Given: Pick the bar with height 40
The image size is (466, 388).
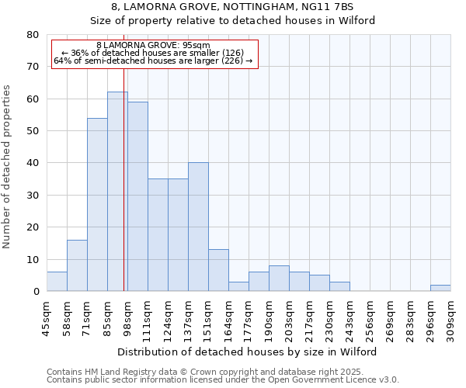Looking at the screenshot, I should pos(198,227).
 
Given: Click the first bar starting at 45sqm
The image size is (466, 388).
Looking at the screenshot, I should pos(57,282).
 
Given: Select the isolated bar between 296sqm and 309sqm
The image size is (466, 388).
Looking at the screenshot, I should pos(440,288).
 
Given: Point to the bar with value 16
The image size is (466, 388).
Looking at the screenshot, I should pos(77,265).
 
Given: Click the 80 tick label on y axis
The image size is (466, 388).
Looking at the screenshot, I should pos(32,35).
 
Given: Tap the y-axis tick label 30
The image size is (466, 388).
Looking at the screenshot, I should pos(32,196).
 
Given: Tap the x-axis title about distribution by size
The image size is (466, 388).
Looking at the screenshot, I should pos(249,352).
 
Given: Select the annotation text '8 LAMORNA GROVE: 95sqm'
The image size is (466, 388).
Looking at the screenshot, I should pos(153,46).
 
